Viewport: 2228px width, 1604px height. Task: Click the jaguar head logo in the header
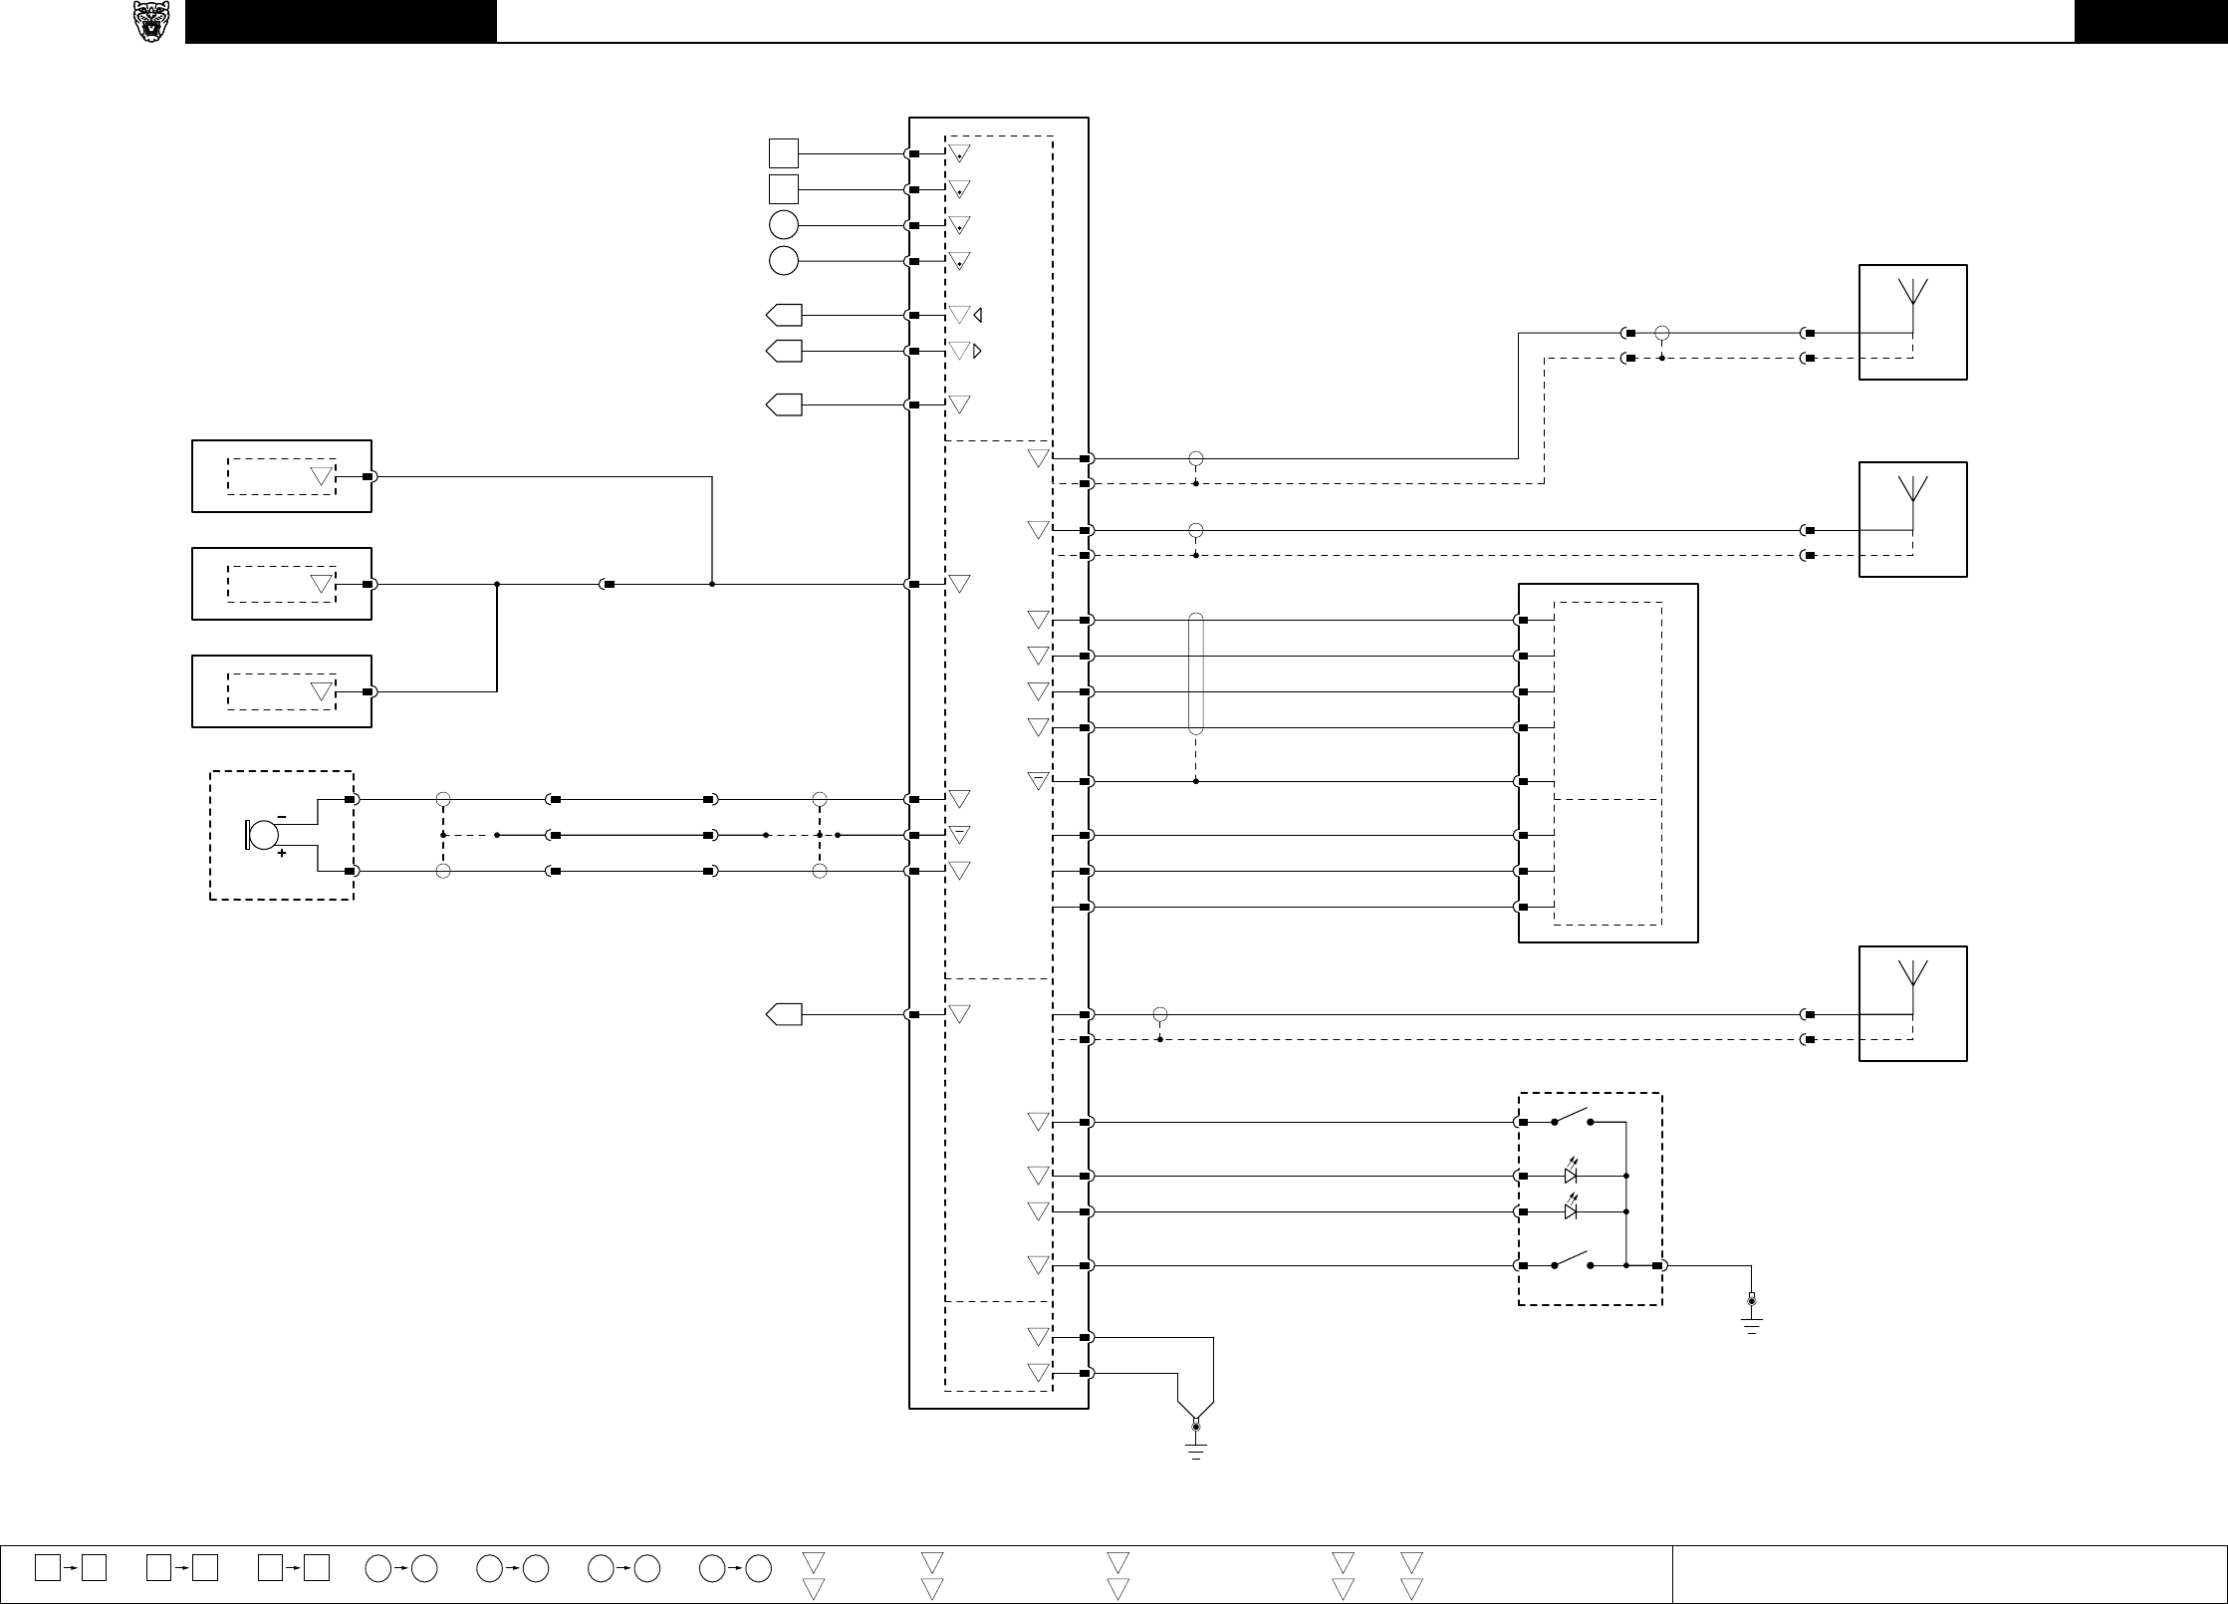click(x=151, y=22)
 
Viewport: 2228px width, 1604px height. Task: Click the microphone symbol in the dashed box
click(x=262, y=835)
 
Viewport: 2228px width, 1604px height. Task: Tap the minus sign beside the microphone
click(x=282, y=817)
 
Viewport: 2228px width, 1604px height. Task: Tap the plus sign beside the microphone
click(x=282, y=854)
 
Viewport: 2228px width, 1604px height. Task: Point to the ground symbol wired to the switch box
click(x=1752, y=1319)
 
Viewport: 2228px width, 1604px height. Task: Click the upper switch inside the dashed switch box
click(x=1572, y=1117)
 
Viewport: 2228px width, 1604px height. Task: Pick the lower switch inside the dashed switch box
click(x=1572, y=1260)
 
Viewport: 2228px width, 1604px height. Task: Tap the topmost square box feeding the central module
click(x=784, y=153)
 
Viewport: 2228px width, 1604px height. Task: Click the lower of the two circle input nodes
click(x=784, y=261)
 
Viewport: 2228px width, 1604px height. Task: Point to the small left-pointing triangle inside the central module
click(x=978, y=315)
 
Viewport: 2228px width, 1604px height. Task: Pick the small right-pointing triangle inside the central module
click(x=978, y=351)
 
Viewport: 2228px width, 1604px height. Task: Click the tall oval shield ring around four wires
click(x=1196, y=673)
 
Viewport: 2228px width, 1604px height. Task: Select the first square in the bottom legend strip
click(x=47, y=1567)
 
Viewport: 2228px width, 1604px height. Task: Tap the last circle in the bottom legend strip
click(x=759, y=1568)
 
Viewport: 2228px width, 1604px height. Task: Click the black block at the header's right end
click(x=2150, y=21)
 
